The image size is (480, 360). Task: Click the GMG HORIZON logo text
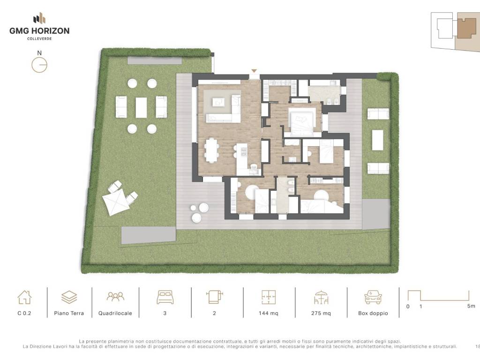(39, 30)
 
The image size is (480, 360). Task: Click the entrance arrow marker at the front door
(254, 71)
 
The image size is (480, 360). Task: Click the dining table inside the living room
(211, 150)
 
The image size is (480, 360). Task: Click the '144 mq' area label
(269, 313)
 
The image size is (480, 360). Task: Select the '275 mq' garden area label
(321, 313)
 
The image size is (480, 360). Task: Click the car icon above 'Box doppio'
(373, 297)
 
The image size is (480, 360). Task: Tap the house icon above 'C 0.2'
(24, 297)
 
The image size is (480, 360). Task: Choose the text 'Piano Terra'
(69, 313)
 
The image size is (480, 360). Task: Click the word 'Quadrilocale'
(115, 313)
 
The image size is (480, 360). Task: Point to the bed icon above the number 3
(165, 297)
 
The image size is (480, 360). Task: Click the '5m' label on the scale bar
(471, 306)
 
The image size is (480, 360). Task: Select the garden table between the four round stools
(141, 107)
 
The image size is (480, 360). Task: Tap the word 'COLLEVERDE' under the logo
(39, 39)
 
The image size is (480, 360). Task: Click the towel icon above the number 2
(214, 297)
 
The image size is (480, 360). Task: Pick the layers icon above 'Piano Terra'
(69, 297)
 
